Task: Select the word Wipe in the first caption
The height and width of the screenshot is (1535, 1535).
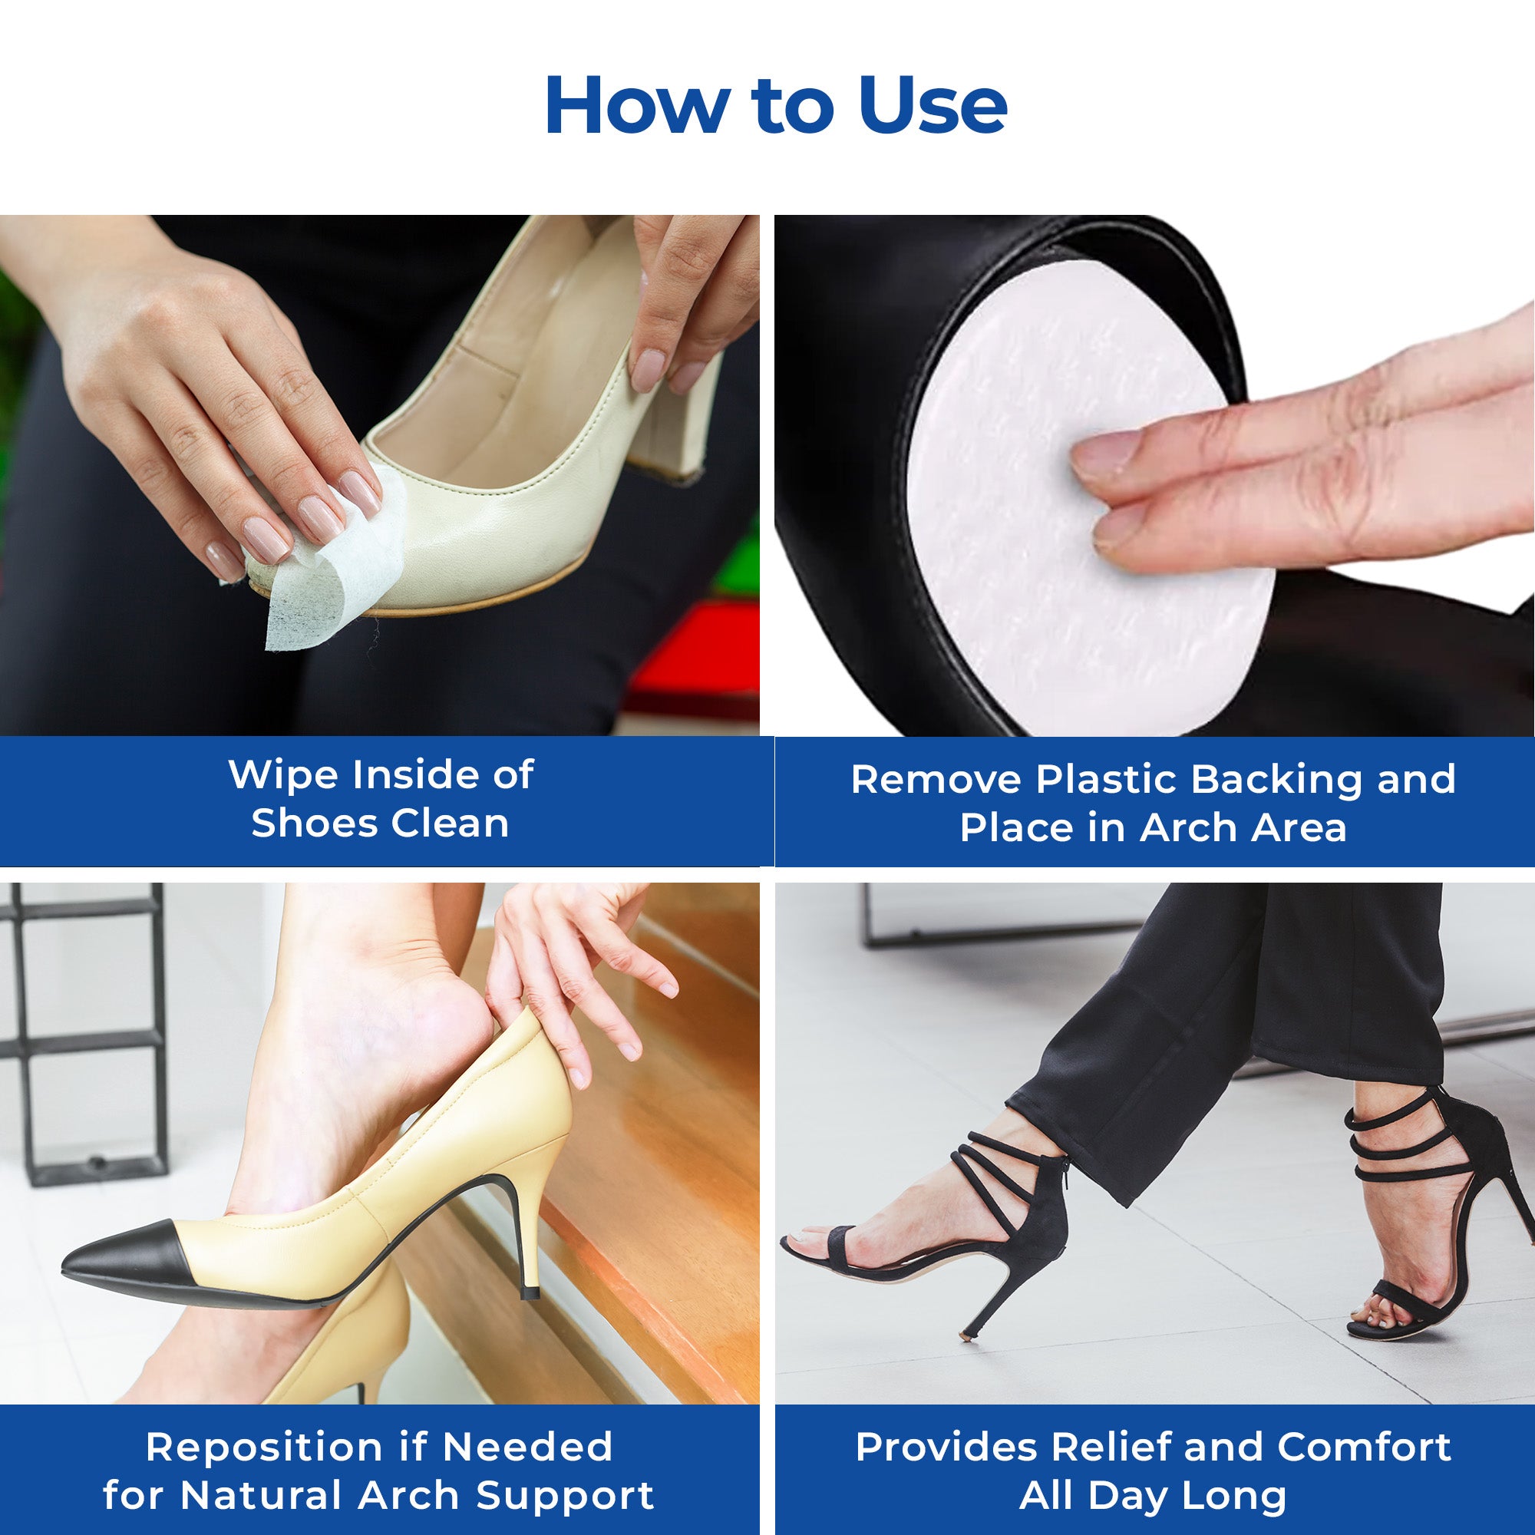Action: (284, 774)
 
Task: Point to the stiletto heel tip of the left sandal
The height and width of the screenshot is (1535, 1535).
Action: (967, 1336)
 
